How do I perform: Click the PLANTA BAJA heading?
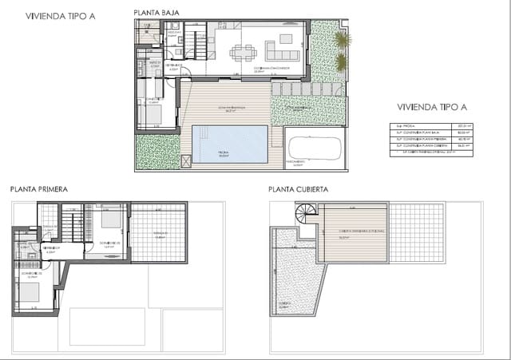tap(156, 13)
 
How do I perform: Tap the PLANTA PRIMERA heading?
tap(38, 189)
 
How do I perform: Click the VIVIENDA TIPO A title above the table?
tap(431, 107)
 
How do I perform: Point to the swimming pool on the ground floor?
tap(229, 143)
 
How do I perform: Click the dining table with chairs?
tap(242, 53)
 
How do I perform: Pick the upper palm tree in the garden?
tap(342, 39)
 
